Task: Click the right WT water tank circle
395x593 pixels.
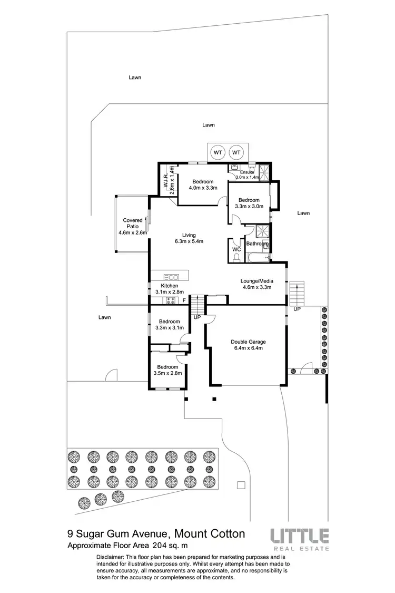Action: pos(236,153)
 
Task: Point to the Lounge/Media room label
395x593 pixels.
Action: pos(256,284)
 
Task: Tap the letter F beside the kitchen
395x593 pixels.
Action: pos(184,300)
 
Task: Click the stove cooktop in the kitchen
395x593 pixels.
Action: pos(171,300)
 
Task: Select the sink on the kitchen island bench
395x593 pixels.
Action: pos(172,276)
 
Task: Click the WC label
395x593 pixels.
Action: pos(236,249)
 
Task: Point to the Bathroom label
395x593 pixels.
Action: pos(258,244)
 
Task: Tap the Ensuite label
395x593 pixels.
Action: pos(247,172)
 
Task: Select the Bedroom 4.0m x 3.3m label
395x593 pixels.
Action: pos(203,184)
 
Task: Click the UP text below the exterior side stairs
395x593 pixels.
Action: pos(297,309)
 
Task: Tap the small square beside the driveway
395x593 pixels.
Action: pos(241,485)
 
